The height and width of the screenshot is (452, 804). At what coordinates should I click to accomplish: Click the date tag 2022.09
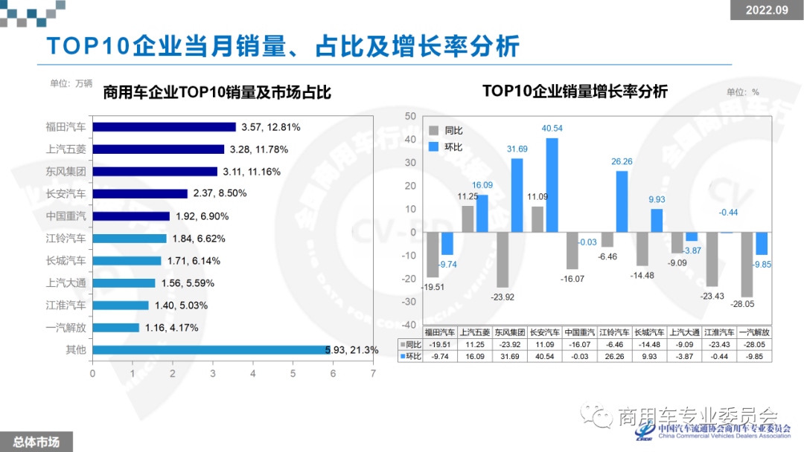click(x=767, y=10)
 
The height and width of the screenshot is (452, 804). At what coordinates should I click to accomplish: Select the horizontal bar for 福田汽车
click(x=163, y=127)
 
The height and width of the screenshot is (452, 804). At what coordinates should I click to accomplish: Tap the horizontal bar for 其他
click(x=208, y=349)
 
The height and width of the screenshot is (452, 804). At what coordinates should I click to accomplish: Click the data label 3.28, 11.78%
click(x=259, y=149)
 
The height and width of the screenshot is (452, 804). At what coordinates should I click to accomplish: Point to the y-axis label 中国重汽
click(x=66, y=216)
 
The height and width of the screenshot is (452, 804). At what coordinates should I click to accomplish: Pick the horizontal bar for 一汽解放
click(x=115, y=327)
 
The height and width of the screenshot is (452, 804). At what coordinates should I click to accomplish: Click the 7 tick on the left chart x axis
click(x=373, y=373)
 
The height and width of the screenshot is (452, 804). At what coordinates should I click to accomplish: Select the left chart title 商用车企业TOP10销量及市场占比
click(x=217, y=93)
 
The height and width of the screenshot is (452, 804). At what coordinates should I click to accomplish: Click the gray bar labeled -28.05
click(x=747, y=264)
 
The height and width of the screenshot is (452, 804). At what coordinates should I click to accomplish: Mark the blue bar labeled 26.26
click(x=622, y=201)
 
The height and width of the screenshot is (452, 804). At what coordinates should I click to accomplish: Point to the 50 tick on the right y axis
click(x=409, y=117)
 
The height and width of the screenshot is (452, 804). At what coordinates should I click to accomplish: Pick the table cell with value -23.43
click(x=719, y=344)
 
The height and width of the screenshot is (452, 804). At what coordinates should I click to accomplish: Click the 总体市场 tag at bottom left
click(x=32, y=442)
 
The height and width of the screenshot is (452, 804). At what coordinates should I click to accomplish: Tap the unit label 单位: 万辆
click(x=71, y=83)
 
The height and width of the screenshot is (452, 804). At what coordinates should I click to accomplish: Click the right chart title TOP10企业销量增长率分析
click(x=575, y=91)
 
